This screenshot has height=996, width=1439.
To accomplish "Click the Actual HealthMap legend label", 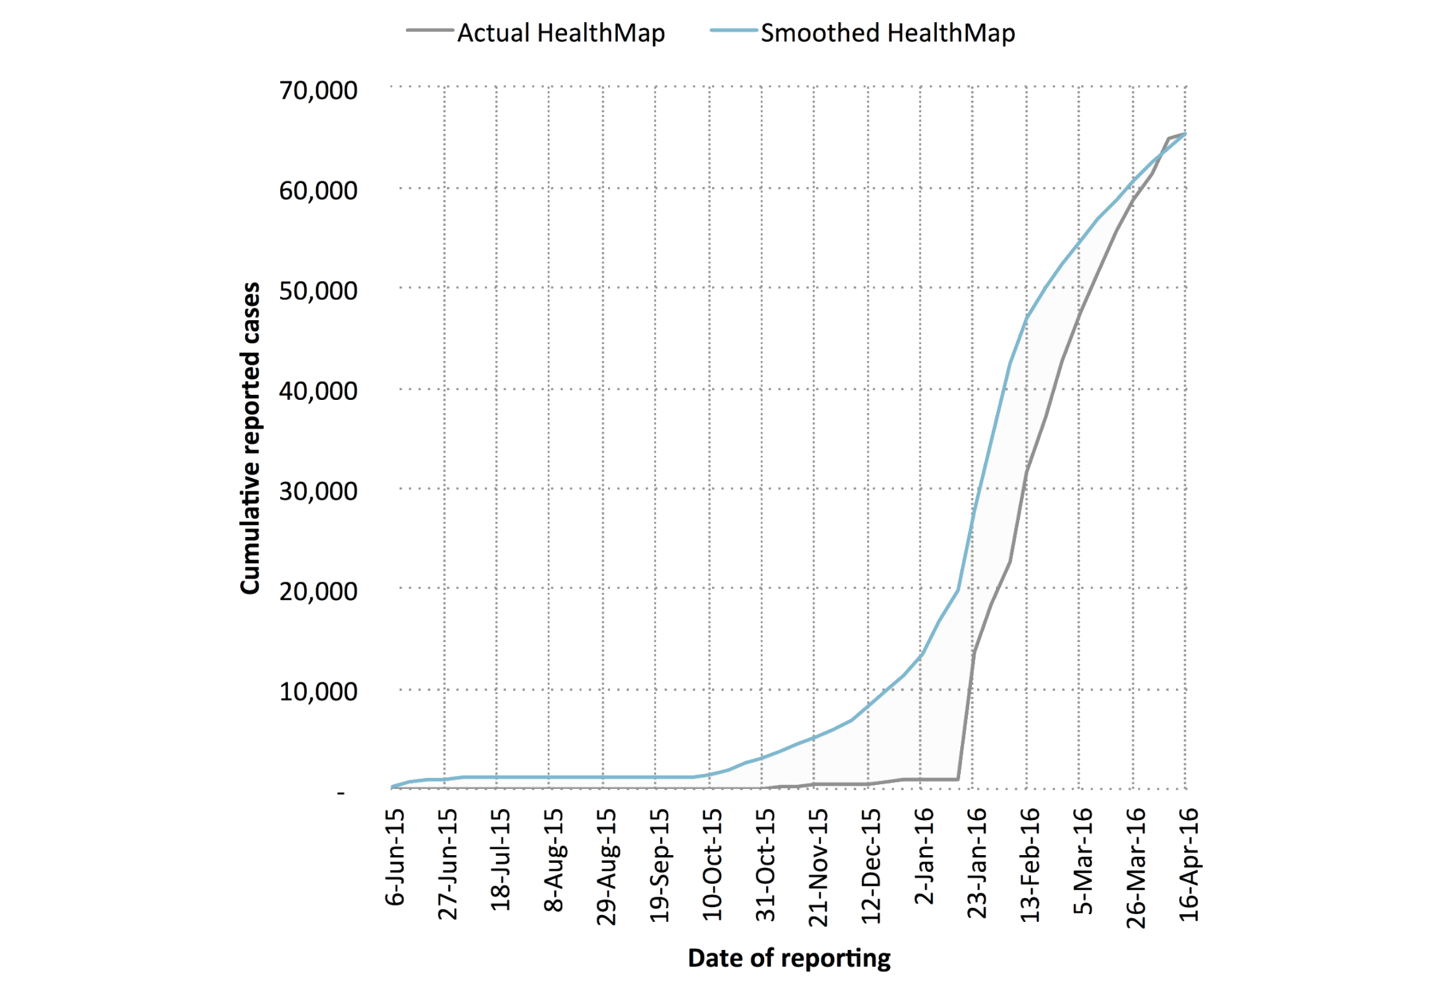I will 561,32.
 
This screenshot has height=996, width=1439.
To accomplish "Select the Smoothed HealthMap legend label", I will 887,32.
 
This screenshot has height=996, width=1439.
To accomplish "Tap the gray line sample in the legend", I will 429,31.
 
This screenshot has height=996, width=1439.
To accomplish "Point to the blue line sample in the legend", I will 733,31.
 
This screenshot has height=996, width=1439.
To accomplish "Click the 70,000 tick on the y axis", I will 318,90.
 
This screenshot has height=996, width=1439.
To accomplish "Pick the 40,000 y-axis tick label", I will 318,391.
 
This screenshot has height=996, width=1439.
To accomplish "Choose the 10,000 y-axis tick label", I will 318,691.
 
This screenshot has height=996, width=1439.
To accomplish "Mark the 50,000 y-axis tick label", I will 318,291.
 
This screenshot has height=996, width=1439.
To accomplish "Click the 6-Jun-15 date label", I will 395,857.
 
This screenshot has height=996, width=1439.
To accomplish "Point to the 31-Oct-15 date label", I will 765,864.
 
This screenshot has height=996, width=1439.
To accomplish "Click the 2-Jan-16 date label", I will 924,856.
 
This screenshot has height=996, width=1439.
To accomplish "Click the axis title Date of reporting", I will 789,958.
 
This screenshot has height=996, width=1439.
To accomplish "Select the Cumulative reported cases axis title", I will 250,438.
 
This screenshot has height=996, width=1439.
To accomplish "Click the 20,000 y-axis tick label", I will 318,591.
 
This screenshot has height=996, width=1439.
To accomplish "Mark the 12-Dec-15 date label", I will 871,865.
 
